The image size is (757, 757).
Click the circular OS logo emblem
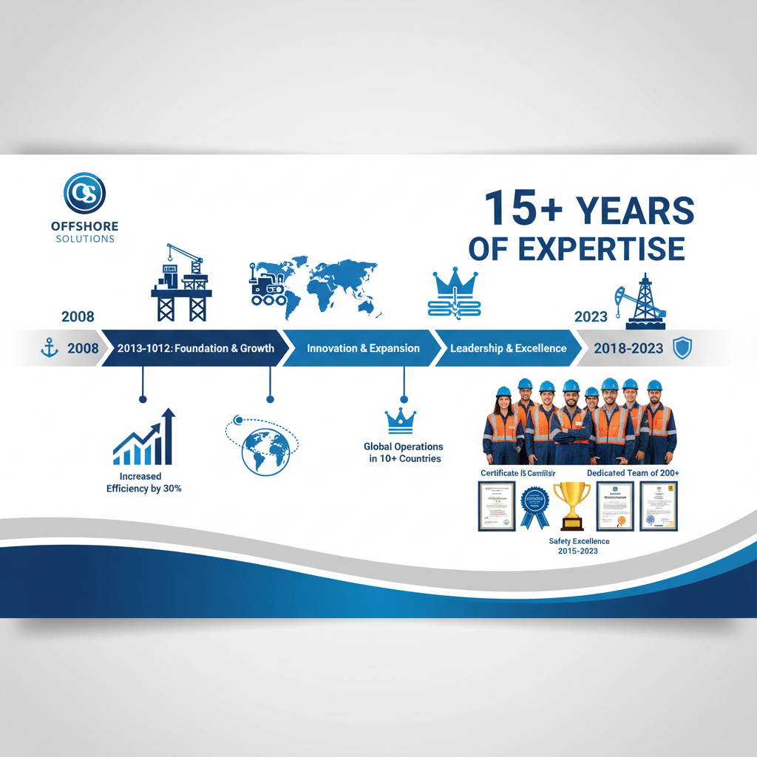[84, 194]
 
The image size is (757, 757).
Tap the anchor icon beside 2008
[49, 348]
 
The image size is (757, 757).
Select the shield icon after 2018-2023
[682, 348]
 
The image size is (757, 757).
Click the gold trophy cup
[571, 505]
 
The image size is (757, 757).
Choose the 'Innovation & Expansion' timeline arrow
[362, 348]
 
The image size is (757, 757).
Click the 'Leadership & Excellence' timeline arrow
[508, 348]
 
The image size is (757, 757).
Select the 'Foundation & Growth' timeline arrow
[195, 348]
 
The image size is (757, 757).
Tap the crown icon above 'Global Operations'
[401, 420]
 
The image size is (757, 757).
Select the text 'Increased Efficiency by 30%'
[144, 483]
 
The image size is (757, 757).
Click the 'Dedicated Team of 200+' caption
[633, 472]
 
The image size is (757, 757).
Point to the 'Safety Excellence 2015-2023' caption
[579, 546]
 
